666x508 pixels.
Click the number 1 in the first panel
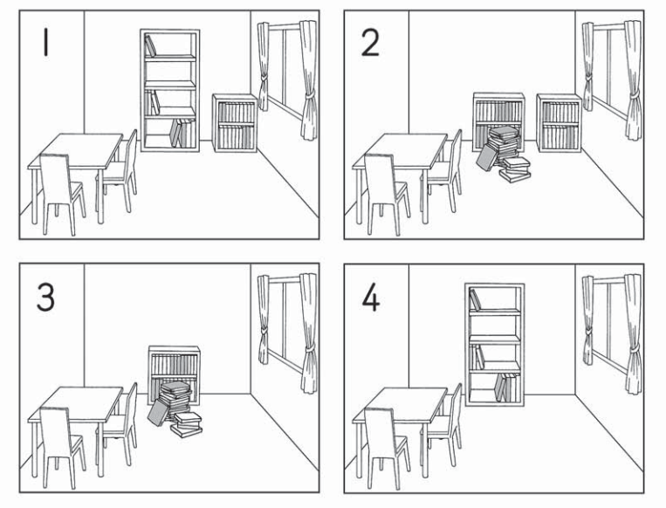[45, 44]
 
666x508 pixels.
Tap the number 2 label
[370, 44]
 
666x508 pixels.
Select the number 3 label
[45, 298]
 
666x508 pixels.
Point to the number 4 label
[370, 299]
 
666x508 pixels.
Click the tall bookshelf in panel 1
[170, 90]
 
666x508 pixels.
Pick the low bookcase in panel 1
[235, 123]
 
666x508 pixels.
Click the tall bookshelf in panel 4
[494, 345]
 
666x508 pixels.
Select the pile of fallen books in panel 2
[504, 154]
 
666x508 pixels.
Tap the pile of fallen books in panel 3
[175, 409]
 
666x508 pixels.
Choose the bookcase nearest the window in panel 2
[559, 123]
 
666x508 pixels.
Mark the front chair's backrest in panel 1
[55, 177]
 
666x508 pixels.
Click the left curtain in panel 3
[264, 319]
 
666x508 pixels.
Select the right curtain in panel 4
[634, 333]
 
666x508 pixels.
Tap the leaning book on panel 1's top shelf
[150, 46]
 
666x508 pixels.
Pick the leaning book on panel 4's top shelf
[475, 299]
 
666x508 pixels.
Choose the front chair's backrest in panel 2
[381, 177]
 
